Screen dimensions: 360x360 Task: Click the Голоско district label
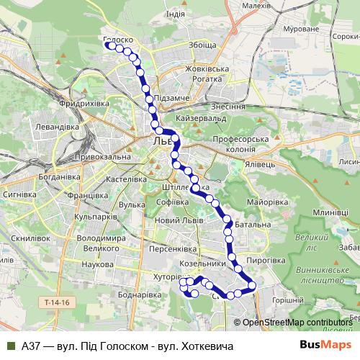pos(117,40)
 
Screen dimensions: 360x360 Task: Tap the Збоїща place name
pos(201,45)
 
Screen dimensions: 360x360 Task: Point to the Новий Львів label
pos(180,220)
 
